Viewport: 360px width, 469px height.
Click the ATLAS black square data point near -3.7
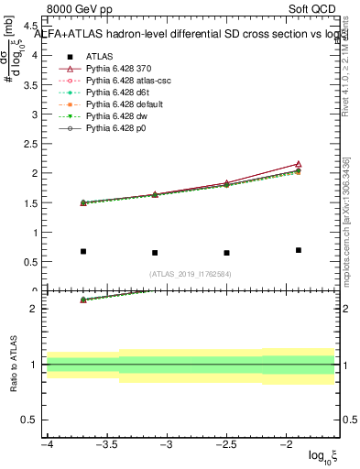83,251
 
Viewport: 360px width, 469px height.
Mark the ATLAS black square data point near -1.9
299,250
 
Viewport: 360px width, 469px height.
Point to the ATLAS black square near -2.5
226,253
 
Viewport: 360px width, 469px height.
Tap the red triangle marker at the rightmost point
299,164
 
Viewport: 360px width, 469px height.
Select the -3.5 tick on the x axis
106,446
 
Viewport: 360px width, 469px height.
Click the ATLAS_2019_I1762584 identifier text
191,274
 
